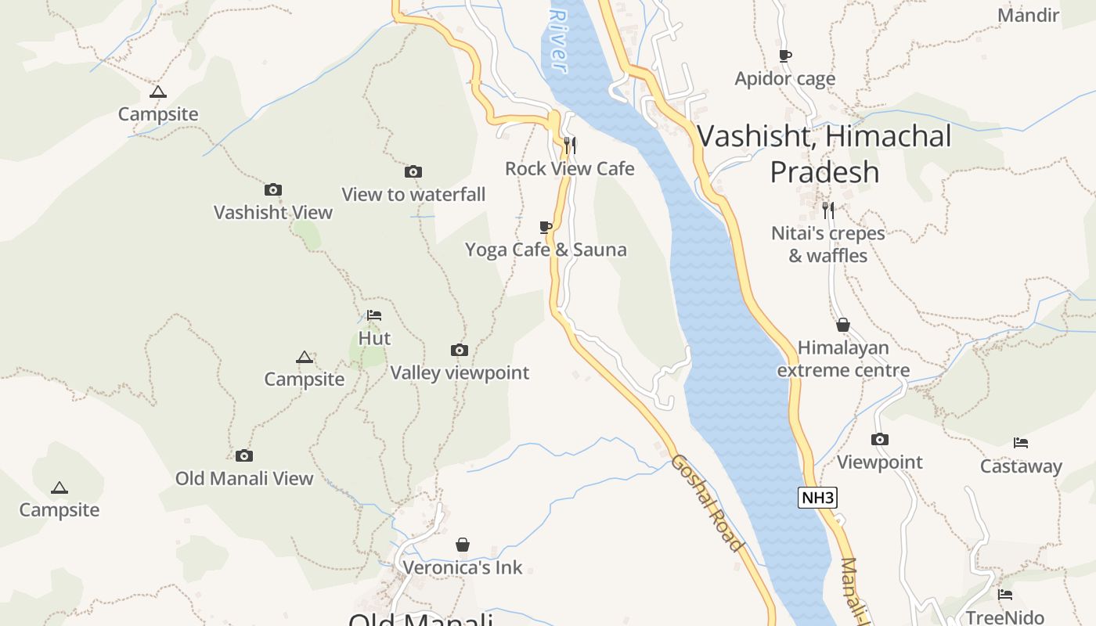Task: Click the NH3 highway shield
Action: coord(817,498)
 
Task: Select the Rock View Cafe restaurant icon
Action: coord(570,145)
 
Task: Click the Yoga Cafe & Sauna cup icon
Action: coord(546,227)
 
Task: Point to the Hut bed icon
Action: coord(374,315)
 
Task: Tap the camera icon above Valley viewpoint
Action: coord(460,350)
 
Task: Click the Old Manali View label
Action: coord(244,478)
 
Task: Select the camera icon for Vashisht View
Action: coord(272,189)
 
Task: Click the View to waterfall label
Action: coord(413,194)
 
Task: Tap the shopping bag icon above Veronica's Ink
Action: coord(463,545)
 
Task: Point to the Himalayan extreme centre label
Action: coord(843,359)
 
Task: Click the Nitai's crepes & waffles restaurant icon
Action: coord(827,210)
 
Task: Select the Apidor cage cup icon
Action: coord(784,56)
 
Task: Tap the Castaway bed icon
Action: coord(1021,443)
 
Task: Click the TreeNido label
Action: coord(1004,617)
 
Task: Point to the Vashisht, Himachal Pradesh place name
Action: coord(824,153)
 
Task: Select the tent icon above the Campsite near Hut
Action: coord(305,358)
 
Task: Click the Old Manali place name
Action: coord(420,620)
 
